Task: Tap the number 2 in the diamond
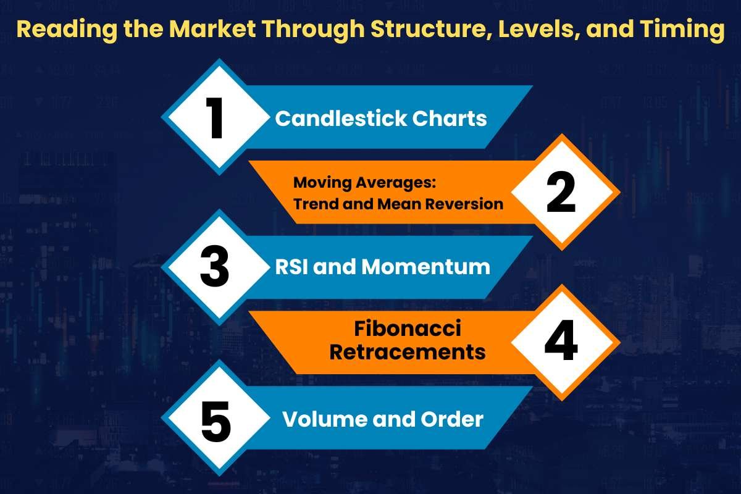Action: tap(561, 192)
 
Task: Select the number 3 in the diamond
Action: tap(215, 267)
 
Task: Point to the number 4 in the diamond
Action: tap(561, 343)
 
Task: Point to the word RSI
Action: tap(294, 267)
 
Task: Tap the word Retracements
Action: tap(408, 352)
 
